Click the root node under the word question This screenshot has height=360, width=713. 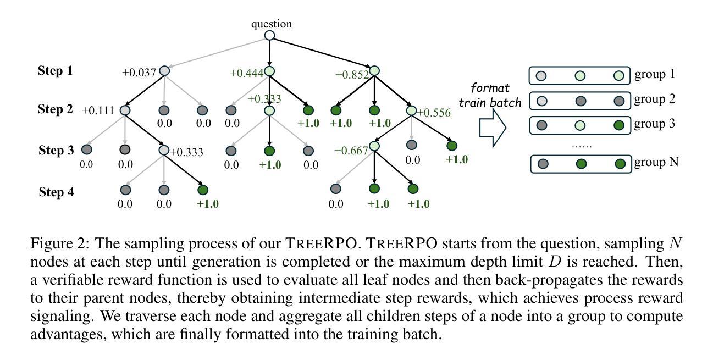click(269, 35)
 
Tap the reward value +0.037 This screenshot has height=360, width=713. click(139, 73)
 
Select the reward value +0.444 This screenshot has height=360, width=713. click(246, 73)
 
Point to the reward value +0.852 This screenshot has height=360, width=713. click(352, 75)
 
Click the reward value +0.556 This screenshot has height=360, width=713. click(434, 112)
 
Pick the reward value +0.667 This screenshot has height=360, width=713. click(351, 150)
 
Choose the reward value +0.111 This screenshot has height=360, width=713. click(98, 110)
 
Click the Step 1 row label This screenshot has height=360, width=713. click(55, 70)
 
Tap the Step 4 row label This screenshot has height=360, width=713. click(56, 192)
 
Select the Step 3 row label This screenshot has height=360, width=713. click(56, 150)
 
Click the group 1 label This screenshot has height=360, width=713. click(655, 74)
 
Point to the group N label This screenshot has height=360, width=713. click(656, 162)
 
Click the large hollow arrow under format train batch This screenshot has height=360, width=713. click(493, 128)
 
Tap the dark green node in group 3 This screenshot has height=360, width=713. click(619, 125)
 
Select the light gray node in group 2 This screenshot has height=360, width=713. click(541, 101)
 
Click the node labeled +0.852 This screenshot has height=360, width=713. click(374, 70)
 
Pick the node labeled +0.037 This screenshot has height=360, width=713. click(164, 71)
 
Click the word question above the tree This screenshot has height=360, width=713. click(271, 24)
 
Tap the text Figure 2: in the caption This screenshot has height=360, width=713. click(60, 243)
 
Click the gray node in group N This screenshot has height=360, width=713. click(543, 164)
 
